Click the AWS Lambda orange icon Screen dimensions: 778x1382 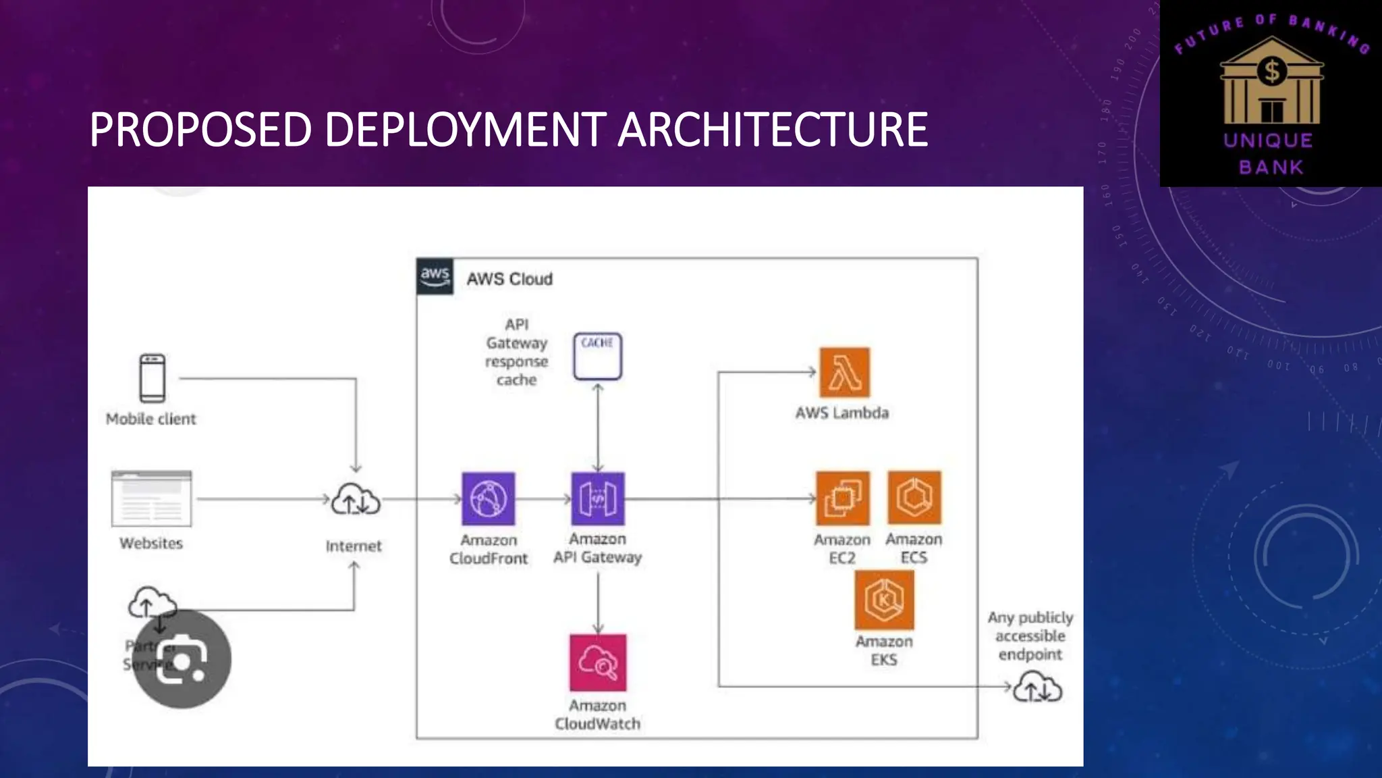(x=844, y=372)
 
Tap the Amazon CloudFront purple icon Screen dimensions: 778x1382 (x=488, y=499)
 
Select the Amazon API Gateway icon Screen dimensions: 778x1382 (x=598, y=499)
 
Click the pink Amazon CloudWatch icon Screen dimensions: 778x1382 (x=598, y=663)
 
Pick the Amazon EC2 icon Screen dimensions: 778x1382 (x=842, y=498)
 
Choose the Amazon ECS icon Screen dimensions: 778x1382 (x=914, y=498)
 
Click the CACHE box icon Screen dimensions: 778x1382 (x=598, y=356)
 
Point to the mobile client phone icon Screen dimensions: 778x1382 (x=152, y=378)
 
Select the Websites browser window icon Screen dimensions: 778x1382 (x=152, y=499)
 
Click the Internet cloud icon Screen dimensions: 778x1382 (x=356, y=501)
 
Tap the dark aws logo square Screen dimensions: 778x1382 (x=435, y=276)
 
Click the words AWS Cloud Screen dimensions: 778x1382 (x=509, y=279)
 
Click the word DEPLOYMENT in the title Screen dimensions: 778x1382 (x=465, y=130)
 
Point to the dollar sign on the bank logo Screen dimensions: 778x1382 (x=1272, y=71)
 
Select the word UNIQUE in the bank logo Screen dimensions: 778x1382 (x=1269, y=140)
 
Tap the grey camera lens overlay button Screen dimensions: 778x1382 (x=182, y=658)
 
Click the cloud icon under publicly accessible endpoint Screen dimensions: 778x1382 (x=1038, y=689)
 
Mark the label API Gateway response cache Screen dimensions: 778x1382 (x=517, y=352)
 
